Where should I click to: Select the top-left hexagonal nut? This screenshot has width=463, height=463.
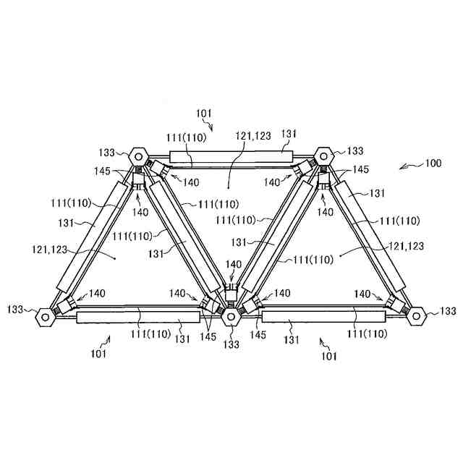(x=137, y=156)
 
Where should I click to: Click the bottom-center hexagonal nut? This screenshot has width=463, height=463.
(x=231, y=316)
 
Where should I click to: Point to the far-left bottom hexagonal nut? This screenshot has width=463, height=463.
(x=45, y=316)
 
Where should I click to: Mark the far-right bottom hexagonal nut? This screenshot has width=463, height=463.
(x=416, y=315)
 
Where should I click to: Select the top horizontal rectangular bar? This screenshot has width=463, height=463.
(x=231, y=156)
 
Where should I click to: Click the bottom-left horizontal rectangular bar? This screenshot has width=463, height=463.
(x=137, y=316)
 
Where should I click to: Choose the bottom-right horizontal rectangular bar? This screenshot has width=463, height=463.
(x=323, y=315)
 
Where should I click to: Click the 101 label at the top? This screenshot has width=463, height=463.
(x=204, y=113)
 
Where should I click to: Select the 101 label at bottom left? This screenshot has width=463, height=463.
(x=98, y=354)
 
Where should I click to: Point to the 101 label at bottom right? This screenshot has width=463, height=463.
(x=328, y=356)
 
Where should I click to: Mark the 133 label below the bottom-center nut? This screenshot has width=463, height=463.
(x=231, y=344)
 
